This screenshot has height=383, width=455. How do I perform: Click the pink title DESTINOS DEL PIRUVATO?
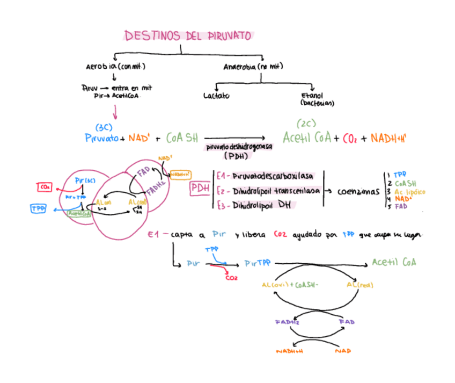point(188,36)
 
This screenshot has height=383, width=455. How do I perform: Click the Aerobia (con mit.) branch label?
point(116,67)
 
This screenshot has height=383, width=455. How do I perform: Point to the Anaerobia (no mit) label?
point(253,67)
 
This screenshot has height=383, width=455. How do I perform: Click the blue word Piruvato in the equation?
point(102,138)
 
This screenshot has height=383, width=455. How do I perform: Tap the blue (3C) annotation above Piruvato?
point(103,127)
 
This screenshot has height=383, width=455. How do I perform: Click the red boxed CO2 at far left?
point(45,187)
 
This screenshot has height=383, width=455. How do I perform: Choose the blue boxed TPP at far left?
point(38,208)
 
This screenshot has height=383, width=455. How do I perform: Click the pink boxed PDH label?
point(200,189)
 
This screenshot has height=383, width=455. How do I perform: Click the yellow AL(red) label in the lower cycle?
point(359,284)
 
